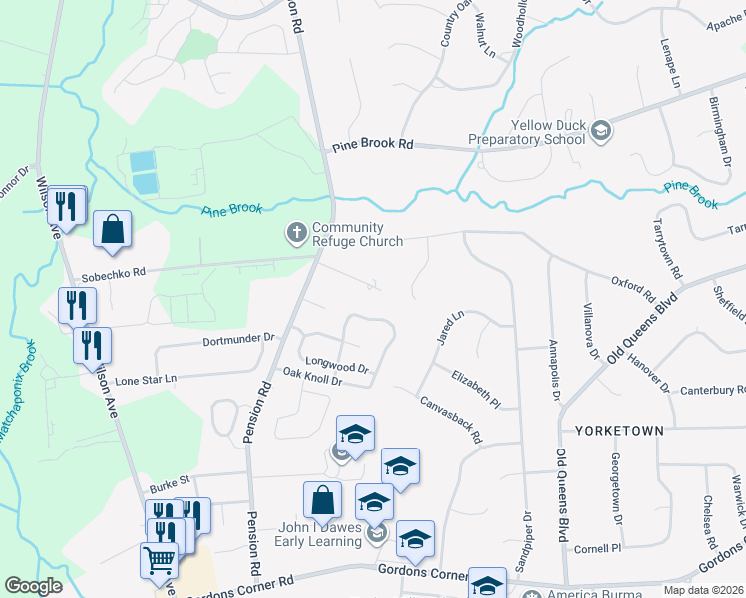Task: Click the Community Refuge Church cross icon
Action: point(296,233)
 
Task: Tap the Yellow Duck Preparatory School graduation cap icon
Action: point(601,130)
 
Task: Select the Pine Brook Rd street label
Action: point(372,145)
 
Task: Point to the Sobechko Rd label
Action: point(114,271)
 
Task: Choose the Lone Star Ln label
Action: point(146,380)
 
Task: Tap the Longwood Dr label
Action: point(337,366)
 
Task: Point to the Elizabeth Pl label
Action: point(475,389)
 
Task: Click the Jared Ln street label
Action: point(450,328)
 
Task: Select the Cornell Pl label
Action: point(597,548)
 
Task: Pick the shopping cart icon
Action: point(159,562)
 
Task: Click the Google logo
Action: point(33,585)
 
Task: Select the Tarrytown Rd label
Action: point(666,249)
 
